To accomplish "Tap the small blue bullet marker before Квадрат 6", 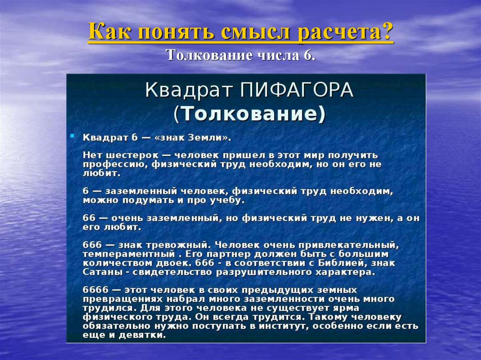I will click(72, 135).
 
